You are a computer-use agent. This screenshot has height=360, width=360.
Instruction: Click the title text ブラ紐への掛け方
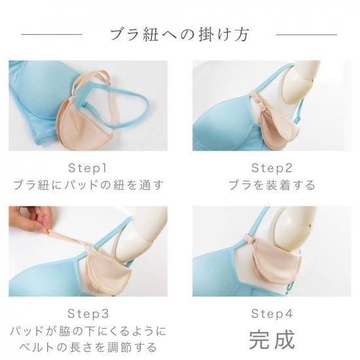(x=180, y=35)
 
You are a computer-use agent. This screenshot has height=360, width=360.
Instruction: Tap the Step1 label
(x=88, y=168)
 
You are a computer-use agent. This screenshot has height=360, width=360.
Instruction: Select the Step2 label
(x=272, y=168)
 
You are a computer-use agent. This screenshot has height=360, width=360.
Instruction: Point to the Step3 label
(x=88, y=314)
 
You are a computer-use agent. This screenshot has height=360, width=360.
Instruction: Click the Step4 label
(x=272, y=314)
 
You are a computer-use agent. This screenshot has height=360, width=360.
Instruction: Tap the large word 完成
(x=272, y=340)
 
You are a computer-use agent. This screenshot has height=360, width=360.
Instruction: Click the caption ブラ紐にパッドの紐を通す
(x=88, y=185)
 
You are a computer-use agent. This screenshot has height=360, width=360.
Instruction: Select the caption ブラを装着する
(x=272, y=185)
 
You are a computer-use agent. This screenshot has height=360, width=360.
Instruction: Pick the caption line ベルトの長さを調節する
(x=88, y=347)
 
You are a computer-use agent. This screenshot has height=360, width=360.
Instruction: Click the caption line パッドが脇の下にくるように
(x=88, y=331)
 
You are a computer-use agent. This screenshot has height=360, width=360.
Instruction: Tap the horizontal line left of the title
(x=52, y=35)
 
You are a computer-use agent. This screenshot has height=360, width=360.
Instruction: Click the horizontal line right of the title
(x=307, y=35)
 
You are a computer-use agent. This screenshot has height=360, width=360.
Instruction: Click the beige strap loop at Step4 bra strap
(x=251, y=238)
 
